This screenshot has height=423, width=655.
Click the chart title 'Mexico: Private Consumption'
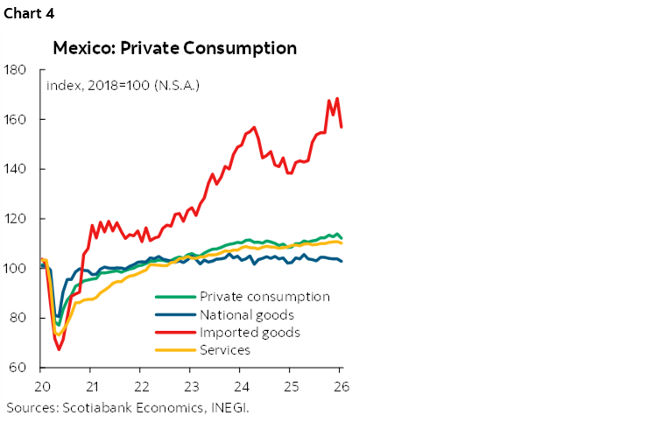[x=175, y=47]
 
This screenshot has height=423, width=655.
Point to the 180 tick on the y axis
[x=15, y=70]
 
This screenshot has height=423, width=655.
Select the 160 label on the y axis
[x=15, y=119]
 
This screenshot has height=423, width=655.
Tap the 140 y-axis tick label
[x=15, y=169]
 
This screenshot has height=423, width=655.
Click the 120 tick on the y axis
[x=15, y=218]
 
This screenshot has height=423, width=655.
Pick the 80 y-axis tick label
[x=18, y=317]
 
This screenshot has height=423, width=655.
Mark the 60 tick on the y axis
[x=18, y=367]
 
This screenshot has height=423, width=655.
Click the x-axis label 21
[x=91, y=386]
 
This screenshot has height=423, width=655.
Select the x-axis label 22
[x=141, y=386]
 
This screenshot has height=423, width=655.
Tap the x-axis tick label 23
[x=191, y=386]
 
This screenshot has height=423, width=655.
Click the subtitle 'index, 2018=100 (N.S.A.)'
[x=122, y=86]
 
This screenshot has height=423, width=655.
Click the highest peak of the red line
[x=336, y=98]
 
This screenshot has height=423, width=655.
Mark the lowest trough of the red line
[x=60, y=349]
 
